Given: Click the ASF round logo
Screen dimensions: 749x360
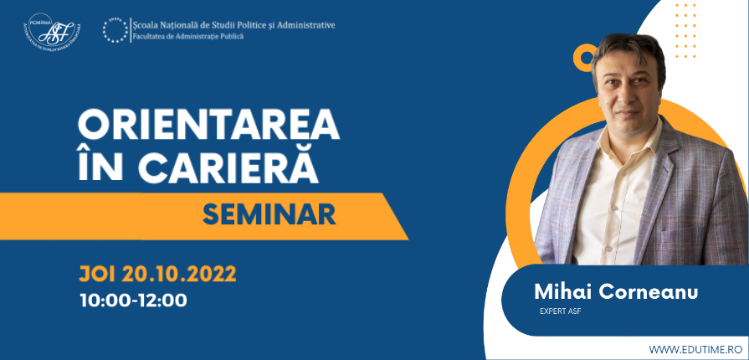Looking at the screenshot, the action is point(52,31).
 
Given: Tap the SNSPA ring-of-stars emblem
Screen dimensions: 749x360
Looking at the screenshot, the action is point(115,30).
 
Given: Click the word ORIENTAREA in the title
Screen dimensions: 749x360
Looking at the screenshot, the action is point(208,126).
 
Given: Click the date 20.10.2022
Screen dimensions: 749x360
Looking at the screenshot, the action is point(178,275).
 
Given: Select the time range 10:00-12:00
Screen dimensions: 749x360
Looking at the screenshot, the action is point(133,301).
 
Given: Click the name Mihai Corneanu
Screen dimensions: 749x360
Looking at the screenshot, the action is point(616,291).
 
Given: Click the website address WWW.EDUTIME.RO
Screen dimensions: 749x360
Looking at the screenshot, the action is point(695,349).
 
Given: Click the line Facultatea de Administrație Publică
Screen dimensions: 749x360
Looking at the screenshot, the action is point(187,36).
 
